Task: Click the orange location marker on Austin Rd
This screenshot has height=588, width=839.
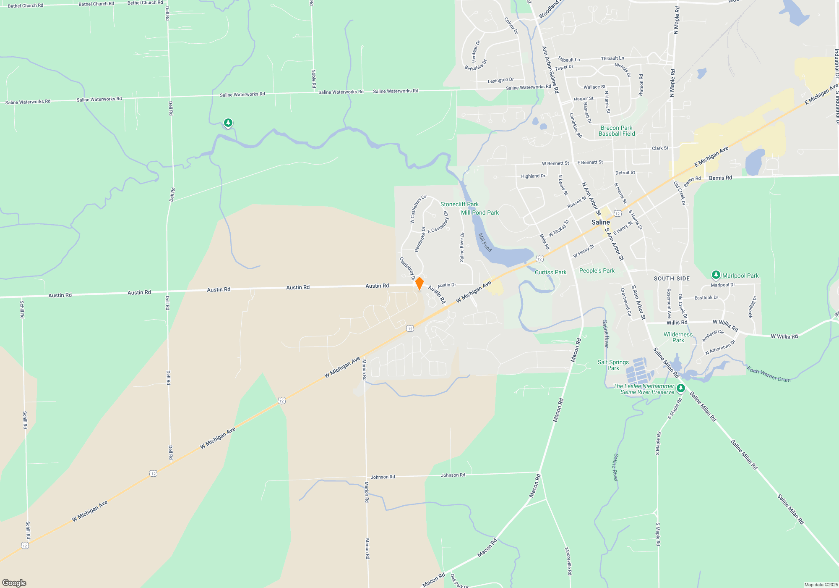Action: pyautogui.click(x=419, y=283)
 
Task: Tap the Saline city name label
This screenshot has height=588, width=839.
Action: pyautogui.click(x=600, y=222)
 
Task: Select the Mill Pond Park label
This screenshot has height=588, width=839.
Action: pyautogui.click(x=480, y=213)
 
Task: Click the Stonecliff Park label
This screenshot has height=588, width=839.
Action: pyautogui.click(x=459, y=204)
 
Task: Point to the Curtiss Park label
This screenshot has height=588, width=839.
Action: pyautogui.click(x=550, y=272)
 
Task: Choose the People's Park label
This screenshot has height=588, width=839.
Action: pyautogui.click(x=597, y=270)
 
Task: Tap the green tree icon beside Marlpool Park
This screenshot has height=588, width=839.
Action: pyautogui.click(x=716, y=275)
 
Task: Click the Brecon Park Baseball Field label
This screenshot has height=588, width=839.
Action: pyautogui.click(x=617, y=131)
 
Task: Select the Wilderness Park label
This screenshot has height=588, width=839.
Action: pyautogui.click(x=678, y=337)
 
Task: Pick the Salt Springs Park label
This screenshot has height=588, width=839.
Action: pyautogui.click(x=613, y=365)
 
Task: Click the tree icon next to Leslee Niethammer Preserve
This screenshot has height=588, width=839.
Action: pyautogui.click(x=681, y=388)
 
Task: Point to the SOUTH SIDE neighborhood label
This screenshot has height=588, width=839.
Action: pyautogui.click(x=672, y=278)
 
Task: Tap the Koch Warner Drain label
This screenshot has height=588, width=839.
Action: pyautogui.click(x=769, y=374)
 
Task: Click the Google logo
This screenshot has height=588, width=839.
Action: pyautogui.click(x=14, y=583)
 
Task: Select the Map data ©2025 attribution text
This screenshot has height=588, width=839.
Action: pyautogui.click(x=821, y=585)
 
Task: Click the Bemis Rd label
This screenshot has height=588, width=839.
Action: pyautogui.click(x=720, y=178)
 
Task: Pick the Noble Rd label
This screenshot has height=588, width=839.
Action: pyautogui.click(x=314, y=79)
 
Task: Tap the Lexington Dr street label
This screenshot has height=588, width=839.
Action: pyautogui.click(x=500, y=80)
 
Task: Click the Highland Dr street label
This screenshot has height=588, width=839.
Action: pyautogui.click(x=533, y=176)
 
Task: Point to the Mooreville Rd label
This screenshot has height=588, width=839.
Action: pyautogui.click(x=568, y=561)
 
